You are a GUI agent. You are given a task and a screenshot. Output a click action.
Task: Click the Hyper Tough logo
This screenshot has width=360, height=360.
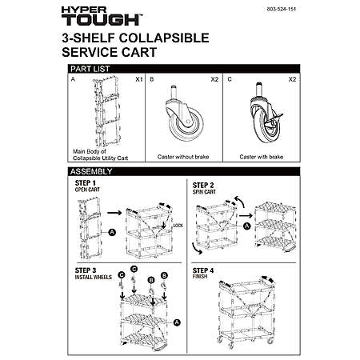[x=102, y=16]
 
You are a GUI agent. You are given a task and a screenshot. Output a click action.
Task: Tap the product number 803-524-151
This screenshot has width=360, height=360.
[x=282, y=9]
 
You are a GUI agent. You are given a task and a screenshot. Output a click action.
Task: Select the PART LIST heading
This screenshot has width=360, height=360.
[x=90, y=69]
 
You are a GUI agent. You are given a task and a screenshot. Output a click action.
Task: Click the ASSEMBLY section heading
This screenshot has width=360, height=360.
[x=91, y=171]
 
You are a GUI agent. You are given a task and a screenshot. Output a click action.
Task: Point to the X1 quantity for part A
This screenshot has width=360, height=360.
[x=139, y=79]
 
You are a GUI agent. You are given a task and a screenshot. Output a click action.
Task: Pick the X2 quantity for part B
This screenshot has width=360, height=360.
[x=214, y=79]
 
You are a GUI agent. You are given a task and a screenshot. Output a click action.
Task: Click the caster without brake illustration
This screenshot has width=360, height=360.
[x=184, y=115]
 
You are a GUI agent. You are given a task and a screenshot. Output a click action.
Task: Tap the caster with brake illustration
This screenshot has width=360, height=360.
[x=266, y=113]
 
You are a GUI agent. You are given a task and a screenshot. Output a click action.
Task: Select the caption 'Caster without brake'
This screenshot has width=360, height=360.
[x=183, y=157]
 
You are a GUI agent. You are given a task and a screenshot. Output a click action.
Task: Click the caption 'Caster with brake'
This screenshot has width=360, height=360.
[x=262, y=157]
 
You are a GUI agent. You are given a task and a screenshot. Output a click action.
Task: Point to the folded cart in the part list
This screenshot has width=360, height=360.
[x=107, y=111]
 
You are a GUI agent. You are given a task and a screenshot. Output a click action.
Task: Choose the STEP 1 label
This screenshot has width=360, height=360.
[x=85, y=183]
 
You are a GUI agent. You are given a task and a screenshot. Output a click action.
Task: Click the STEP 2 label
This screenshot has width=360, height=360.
[x=203, y=186]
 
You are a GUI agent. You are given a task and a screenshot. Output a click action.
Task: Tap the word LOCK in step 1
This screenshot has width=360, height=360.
[x=178, y=226]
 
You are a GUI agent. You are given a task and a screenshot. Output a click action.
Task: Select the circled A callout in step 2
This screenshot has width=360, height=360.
[x=247, y=226]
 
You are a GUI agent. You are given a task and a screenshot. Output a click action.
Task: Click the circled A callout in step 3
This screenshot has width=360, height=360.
[x=177, y=322]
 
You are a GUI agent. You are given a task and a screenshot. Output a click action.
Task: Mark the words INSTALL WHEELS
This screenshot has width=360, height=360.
[x=94, y=278]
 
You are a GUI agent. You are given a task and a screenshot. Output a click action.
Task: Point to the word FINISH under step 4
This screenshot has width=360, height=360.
[x=200, y=277]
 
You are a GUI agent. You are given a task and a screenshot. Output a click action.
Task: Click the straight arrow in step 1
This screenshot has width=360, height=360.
[x=114, y=213]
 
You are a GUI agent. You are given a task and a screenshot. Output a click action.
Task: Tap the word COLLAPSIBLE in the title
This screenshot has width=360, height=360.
[x=164, y=38]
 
